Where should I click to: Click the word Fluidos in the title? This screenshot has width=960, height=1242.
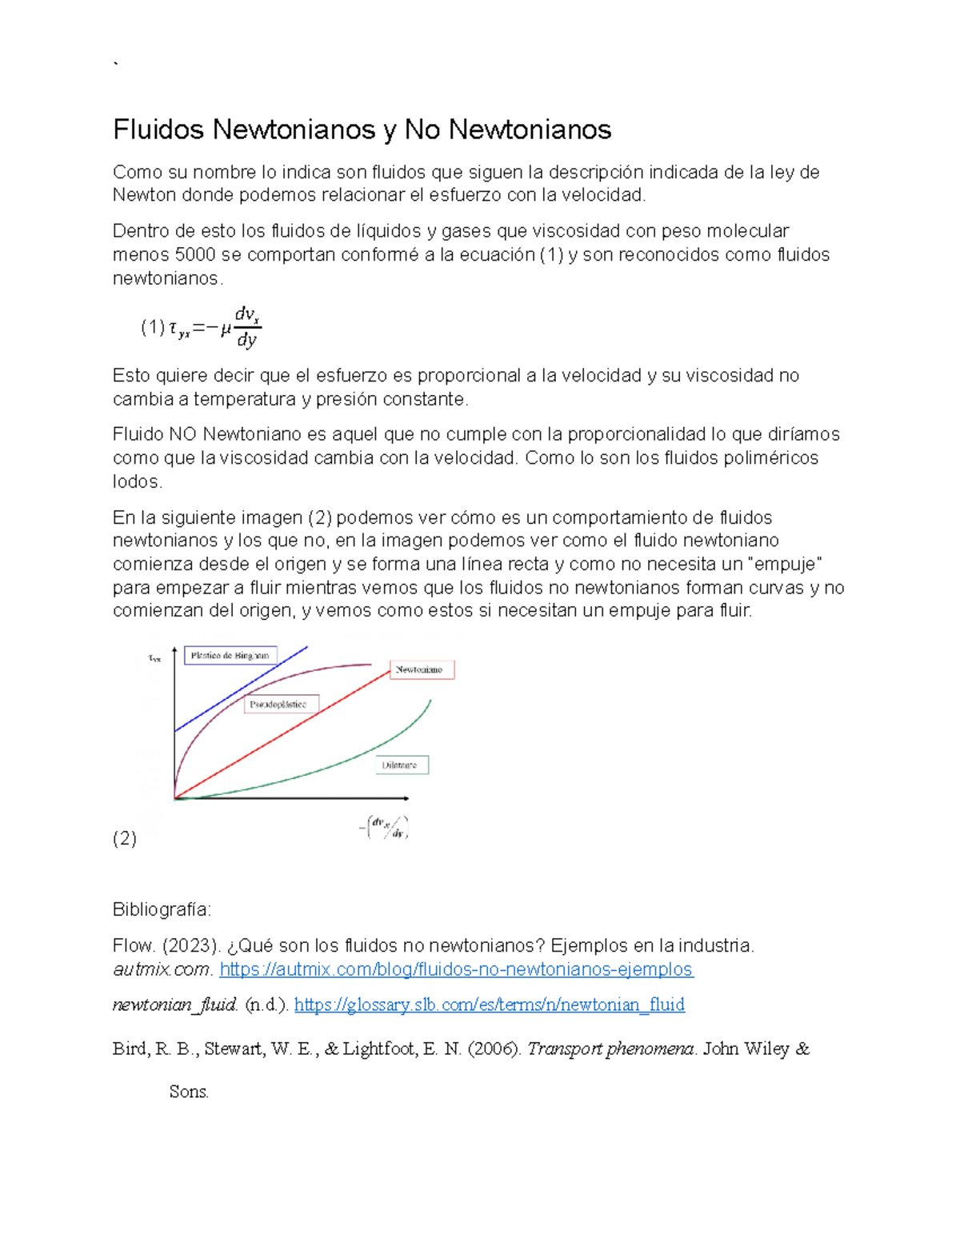pyautogui.click(x=158, y=130)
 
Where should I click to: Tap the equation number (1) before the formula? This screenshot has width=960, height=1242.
pyautogui.click(x=152, y=327)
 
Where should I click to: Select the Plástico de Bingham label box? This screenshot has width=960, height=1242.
pyautogui.click(x=230, y=656)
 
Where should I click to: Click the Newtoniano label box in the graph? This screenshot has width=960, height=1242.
pyautogui.click(x=422, y=670)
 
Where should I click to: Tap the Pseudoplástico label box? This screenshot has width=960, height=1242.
pyautogui.click(x=281, y=705)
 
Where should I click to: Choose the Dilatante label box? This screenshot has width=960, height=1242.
pyautogui.click(x=402, y=765)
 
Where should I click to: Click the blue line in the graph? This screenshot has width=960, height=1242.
pyautogui.click(x=240, y=689)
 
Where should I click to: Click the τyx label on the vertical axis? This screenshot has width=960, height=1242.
pyautogui.click(x=154, y=659)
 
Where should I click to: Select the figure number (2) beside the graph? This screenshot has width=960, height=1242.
pyautogui.click(x=125, y=839)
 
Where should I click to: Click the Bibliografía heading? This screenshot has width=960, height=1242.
pyautogui.click(x=162, y=910)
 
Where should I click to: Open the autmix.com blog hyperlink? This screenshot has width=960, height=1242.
pyautogui.click(x=456, y=970)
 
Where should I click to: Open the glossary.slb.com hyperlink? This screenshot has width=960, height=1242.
pyautogui.click(x=489, y=1005)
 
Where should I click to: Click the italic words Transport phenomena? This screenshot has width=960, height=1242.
pyautogui.click(x=611, y=1049)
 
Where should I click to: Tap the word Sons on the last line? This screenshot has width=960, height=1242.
pyautogui.click(x=189, y=1092)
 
